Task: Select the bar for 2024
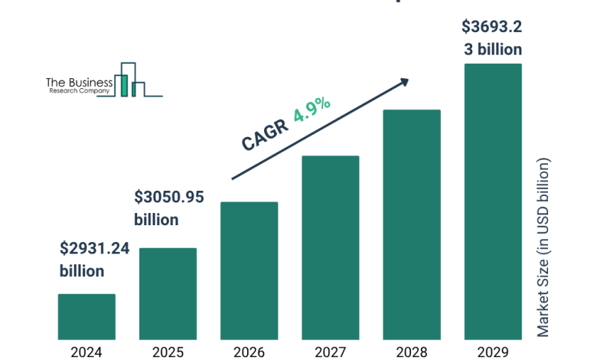click(86, 316)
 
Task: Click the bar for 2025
click(168, 293)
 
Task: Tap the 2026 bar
click(249, 270)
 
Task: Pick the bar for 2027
click(330, 247)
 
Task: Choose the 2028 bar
click(412, 224)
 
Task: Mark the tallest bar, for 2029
click(493, 201)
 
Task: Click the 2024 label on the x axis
click(86, 352)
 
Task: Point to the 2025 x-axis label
click(168, 352)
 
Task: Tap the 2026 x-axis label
click(249, 352)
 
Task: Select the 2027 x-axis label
click(330, 352)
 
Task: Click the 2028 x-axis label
click(412, 352)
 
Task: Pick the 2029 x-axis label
click(493, 352)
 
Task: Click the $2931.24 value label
click(95, 248)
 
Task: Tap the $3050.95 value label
click(169, 197)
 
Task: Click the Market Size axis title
click(543, 247)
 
